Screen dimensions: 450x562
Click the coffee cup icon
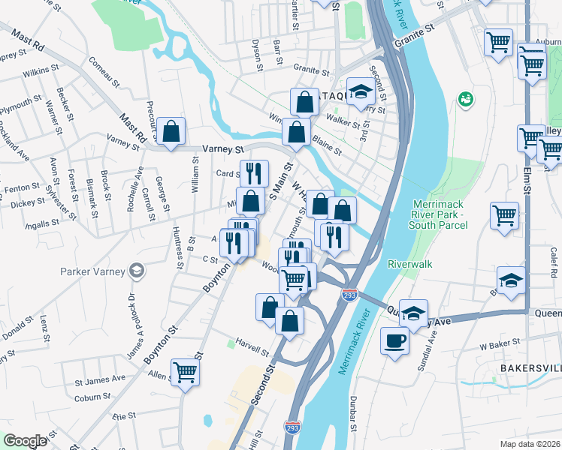click(x=395, y=341)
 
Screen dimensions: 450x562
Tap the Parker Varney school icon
click(x=136, y=269)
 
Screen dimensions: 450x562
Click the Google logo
click(x=25, y=441)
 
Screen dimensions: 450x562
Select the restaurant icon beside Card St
click(x=254, y=173)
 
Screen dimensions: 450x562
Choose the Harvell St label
click(x=252, y=350)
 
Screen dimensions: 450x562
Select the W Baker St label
click(x=500, y=344)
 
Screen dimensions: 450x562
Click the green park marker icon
click(x=466, y=98)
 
